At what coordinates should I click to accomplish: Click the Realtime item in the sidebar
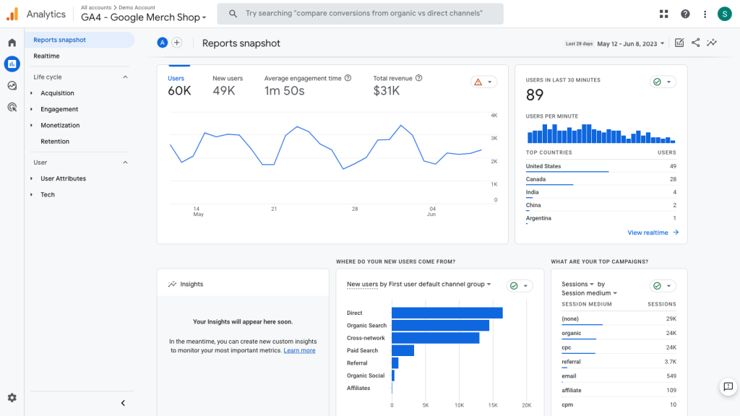[x=46, y=56]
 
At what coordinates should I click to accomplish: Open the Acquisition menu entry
[x=57, y=93]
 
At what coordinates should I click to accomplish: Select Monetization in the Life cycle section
[x=60, y=126]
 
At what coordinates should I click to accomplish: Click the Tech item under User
[x=48, y=195]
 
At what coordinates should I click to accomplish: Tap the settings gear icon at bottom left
[x=12, y=398]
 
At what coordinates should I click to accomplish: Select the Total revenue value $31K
[x=387, y=91]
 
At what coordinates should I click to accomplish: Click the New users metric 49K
[x=224, y=91]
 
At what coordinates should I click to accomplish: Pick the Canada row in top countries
[x=536, y=179]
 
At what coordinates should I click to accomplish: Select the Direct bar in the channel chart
[x=447, y=313]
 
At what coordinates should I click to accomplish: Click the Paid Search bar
[x=403, y=350]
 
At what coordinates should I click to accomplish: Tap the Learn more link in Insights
[x=299, y=350]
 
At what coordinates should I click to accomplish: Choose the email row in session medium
[x=569, y=376]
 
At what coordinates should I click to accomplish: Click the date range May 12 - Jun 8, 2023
[x=627, y=43]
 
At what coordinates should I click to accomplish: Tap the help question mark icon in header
[x=685, y=14]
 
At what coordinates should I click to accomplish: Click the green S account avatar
[x=724, y=14]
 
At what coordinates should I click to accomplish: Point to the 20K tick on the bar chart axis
[x=527, y=405]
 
